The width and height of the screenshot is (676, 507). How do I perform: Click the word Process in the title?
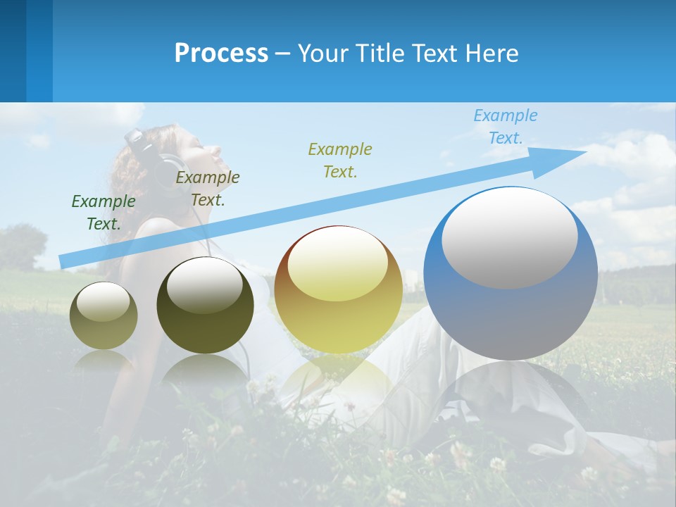[221, 54]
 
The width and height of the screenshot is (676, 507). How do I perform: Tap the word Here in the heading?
[490, 54]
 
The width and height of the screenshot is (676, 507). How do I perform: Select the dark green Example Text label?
[104, 213]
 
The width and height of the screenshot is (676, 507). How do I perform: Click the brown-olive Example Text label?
[208, 189]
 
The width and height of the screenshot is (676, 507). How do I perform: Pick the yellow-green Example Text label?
[340, 160]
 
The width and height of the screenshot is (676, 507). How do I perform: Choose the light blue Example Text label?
[506, 127]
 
